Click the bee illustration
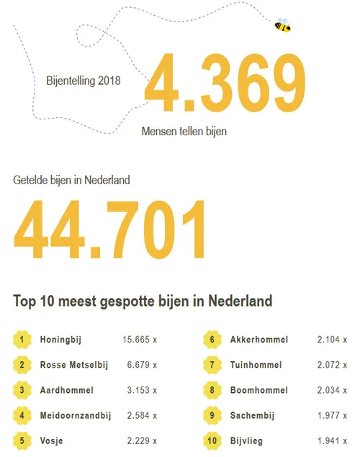pos(282,25)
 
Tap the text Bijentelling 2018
pos(83,80)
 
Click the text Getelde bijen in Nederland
pos(72,180)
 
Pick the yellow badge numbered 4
pos(22,415)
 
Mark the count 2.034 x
pos(334,390)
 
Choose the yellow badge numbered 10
pos(212,440)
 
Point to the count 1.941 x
pos(334,440)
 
